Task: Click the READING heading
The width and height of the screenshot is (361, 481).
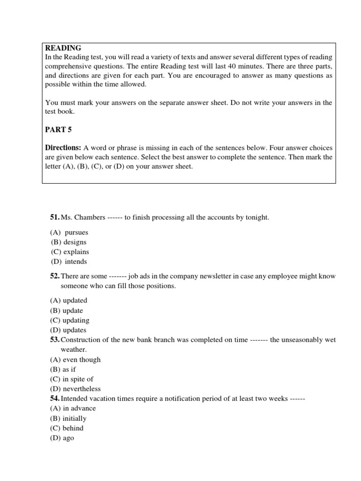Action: [x=63, y=48]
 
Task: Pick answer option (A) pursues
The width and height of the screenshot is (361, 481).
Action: [x=69, y=232]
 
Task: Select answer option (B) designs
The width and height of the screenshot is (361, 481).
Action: [x=69, y=242]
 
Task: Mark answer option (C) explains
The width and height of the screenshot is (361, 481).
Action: [x=70, y=252]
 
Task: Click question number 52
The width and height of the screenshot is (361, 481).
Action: [x=55, y=276]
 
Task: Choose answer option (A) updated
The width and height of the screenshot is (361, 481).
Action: [x=69, y=301]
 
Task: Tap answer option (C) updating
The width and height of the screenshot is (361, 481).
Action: [x=70, y=320]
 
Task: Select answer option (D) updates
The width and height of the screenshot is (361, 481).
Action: [x=68, y=330]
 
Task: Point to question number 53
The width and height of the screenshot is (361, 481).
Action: [x=55, y=340]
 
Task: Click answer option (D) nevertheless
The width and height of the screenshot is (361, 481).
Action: [x=75, y=389]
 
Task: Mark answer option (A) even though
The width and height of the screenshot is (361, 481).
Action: [x=75, y=359]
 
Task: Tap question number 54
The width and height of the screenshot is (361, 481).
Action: [x=55, y=398]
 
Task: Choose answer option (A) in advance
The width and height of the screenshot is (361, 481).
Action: [x=73, y=408]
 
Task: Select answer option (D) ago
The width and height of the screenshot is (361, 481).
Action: [x=62, y=438]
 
